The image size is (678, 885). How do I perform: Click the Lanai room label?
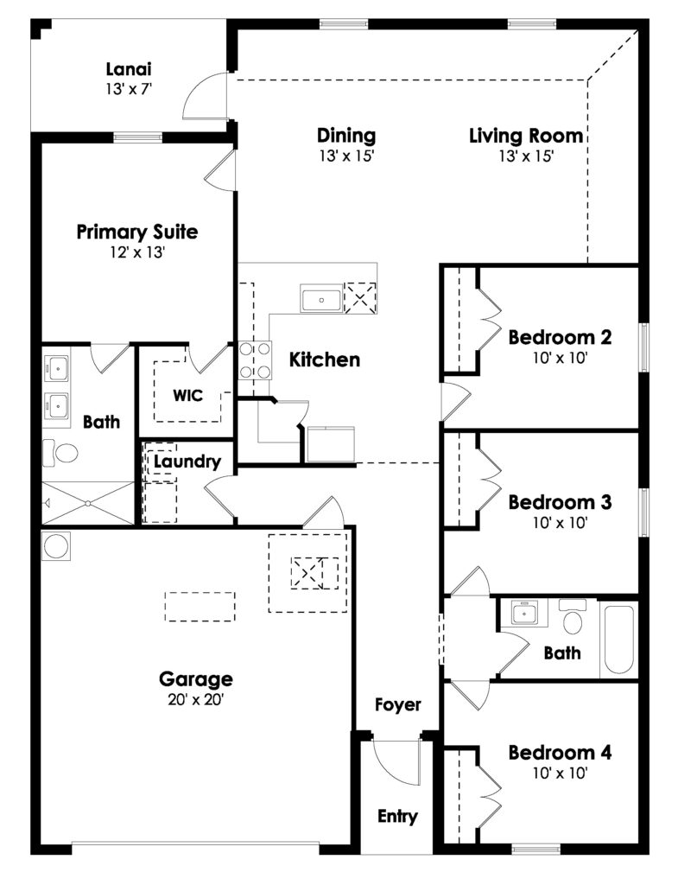[129, 69]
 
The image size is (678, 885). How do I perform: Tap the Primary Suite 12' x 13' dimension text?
[137, 252]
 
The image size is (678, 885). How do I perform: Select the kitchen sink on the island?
[321, 299]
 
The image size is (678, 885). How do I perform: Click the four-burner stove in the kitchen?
[255, 360]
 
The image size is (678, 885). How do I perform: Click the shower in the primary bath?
[89, 503]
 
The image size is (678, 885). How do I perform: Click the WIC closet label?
[187, 395]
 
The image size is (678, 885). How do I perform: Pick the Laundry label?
[187, 462]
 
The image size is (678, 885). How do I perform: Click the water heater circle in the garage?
[56, 546]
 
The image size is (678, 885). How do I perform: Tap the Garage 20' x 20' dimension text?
[196, 700]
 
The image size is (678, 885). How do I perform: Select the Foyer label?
[398, 705]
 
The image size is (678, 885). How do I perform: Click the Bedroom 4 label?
[560, 753]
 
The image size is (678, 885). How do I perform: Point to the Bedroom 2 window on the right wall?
[643, 347]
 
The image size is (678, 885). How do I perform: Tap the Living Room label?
[526, 136]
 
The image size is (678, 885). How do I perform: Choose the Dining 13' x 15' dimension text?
[346, 156]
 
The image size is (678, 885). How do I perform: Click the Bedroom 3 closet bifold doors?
[490, 479]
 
